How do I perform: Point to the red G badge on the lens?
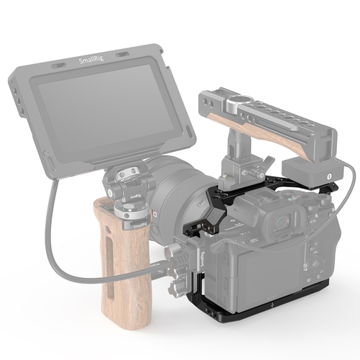pyautogui.click(x=153, y=214)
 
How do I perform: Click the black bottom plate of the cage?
pyautogui.click(x=274, y=317)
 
